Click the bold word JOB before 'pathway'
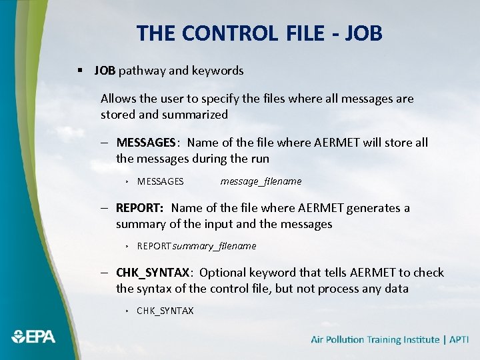(105, 70)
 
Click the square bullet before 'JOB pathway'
(80, 71)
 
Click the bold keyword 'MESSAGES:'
(147, 143)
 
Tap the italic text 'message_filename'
(261, 181)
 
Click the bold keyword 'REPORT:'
(140, 208)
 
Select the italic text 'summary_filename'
(214, 246)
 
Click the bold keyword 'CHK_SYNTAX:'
(155, 273)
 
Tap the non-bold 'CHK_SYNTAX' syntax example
(165, 311)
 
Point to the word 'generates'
(356, 208)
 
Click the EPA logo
(33, 336)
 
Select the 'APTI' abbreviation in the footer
(459, 340)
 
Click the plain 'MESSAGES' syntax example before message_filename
(160, 181)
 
